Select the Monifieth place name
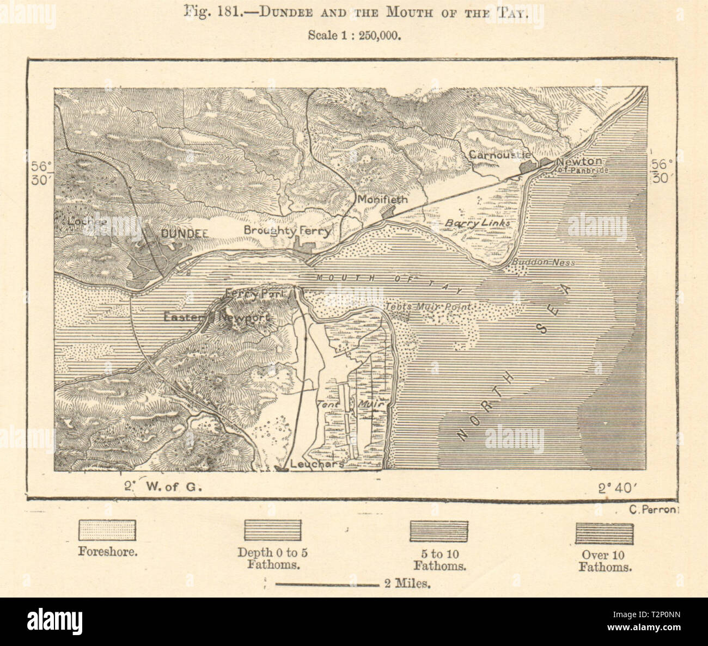pyautogui.click(x=382, y=200)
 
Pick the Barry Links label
pyautogui.click(x=478, y=223)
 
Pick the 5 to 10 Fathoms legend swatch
pyautogui.click(x=439, y=530)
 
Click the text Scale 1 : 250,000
pyautogui.click(x=355, y=35)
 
